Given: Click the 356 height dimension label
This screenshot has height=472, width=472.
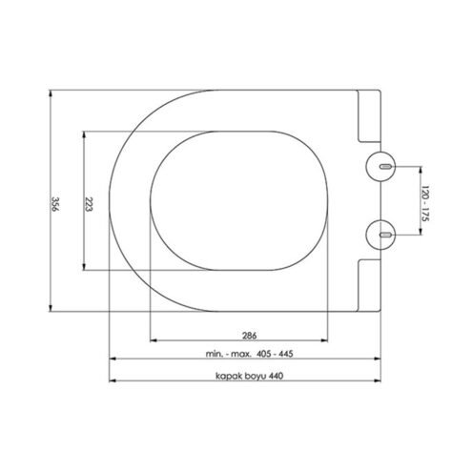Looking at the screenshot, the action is (x=55, y=204).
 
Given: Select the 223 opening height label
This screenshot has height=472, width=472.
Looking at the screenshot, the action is (x=89, y=204).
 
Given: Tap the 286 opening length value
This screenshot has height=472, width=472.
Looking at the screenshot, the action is (x=249, y=336).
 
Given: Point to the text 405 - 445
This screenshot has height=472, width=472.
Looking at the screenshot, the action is (x=275, y=354).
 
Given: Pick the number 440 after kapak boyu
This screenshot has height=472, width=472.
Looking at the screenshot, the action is (x=276, y=376).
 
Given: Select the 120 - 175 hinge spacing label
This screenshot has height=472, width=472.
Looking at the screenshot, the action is (x=425, y=203).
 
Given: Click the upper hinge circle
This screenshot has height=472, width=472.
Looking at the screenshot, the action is (x=380, y=166).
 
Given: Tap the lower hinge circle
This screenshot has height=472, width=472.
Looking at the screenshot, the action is (x=380, y=235).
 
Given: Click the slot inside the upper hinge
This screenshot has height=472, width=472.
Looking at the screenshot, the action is (x=385, y=166).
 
